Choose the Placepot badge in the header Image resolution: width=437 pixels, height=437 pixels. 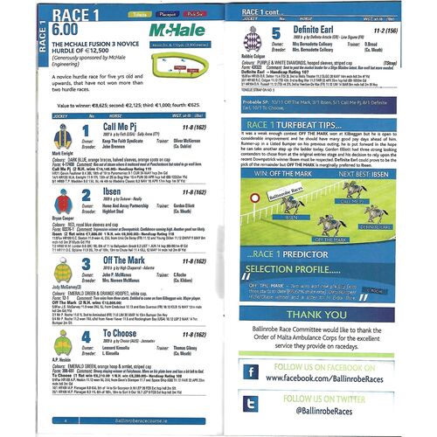tap(169, 16)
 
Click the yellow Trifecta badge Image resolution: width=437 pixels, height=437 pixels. tap(137, 16)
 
